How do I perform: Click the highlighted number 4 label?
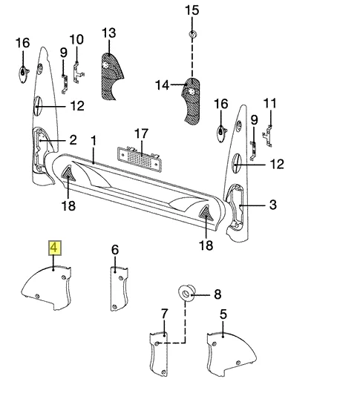[x=55, y=248]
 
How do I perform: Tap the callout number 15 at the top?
[x=192, y=10]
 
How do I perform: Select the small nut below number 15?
[x=192, y=34]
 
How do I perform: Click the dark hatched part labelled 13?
[x=111, y=76]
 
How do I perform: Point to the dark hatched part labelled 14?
[x=192, y=101]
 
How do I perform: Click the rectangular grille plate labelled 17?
[x=140, y=159]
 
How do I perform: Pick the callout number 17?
[x=142, y=133]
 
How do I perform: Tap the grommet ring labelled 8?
[x=186, y=292]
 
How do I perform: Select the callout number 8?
[x=217, y=294]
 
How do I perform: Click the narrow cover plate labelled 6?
[x=119, y=288]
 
